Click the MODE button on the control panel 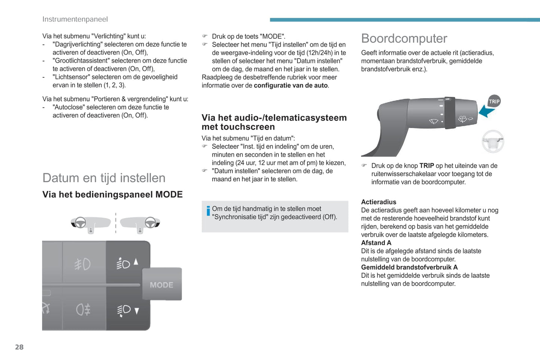coord(162,285)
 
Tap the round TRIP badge coord(494,101)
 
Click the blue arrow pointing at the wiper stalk coord(487,111)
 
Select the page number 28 coord(19,347)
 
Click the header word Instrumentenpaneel coord(75,19)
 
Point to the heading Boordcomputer coord(404,38)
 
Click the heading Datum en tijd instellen coord(104,178)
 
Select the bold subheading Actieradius coord(379,202)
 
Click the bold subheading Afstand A coord(376,243)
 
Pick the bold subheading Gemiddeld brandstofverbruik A coord(409,267)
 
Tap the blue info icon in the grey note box coord(208,211)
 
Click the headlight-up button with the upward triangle coord(127,263)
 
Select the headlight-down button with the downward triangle coord(127,310)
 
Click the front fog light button coord(83,264)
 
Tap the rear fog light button coord(83,309)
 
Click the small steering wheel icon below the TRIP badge coord(493,141)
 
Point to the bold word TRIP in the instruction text coord(426,166)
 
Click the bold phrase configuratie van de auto coord(290,86)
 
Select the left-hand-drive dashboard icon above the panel coord(90,224)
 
